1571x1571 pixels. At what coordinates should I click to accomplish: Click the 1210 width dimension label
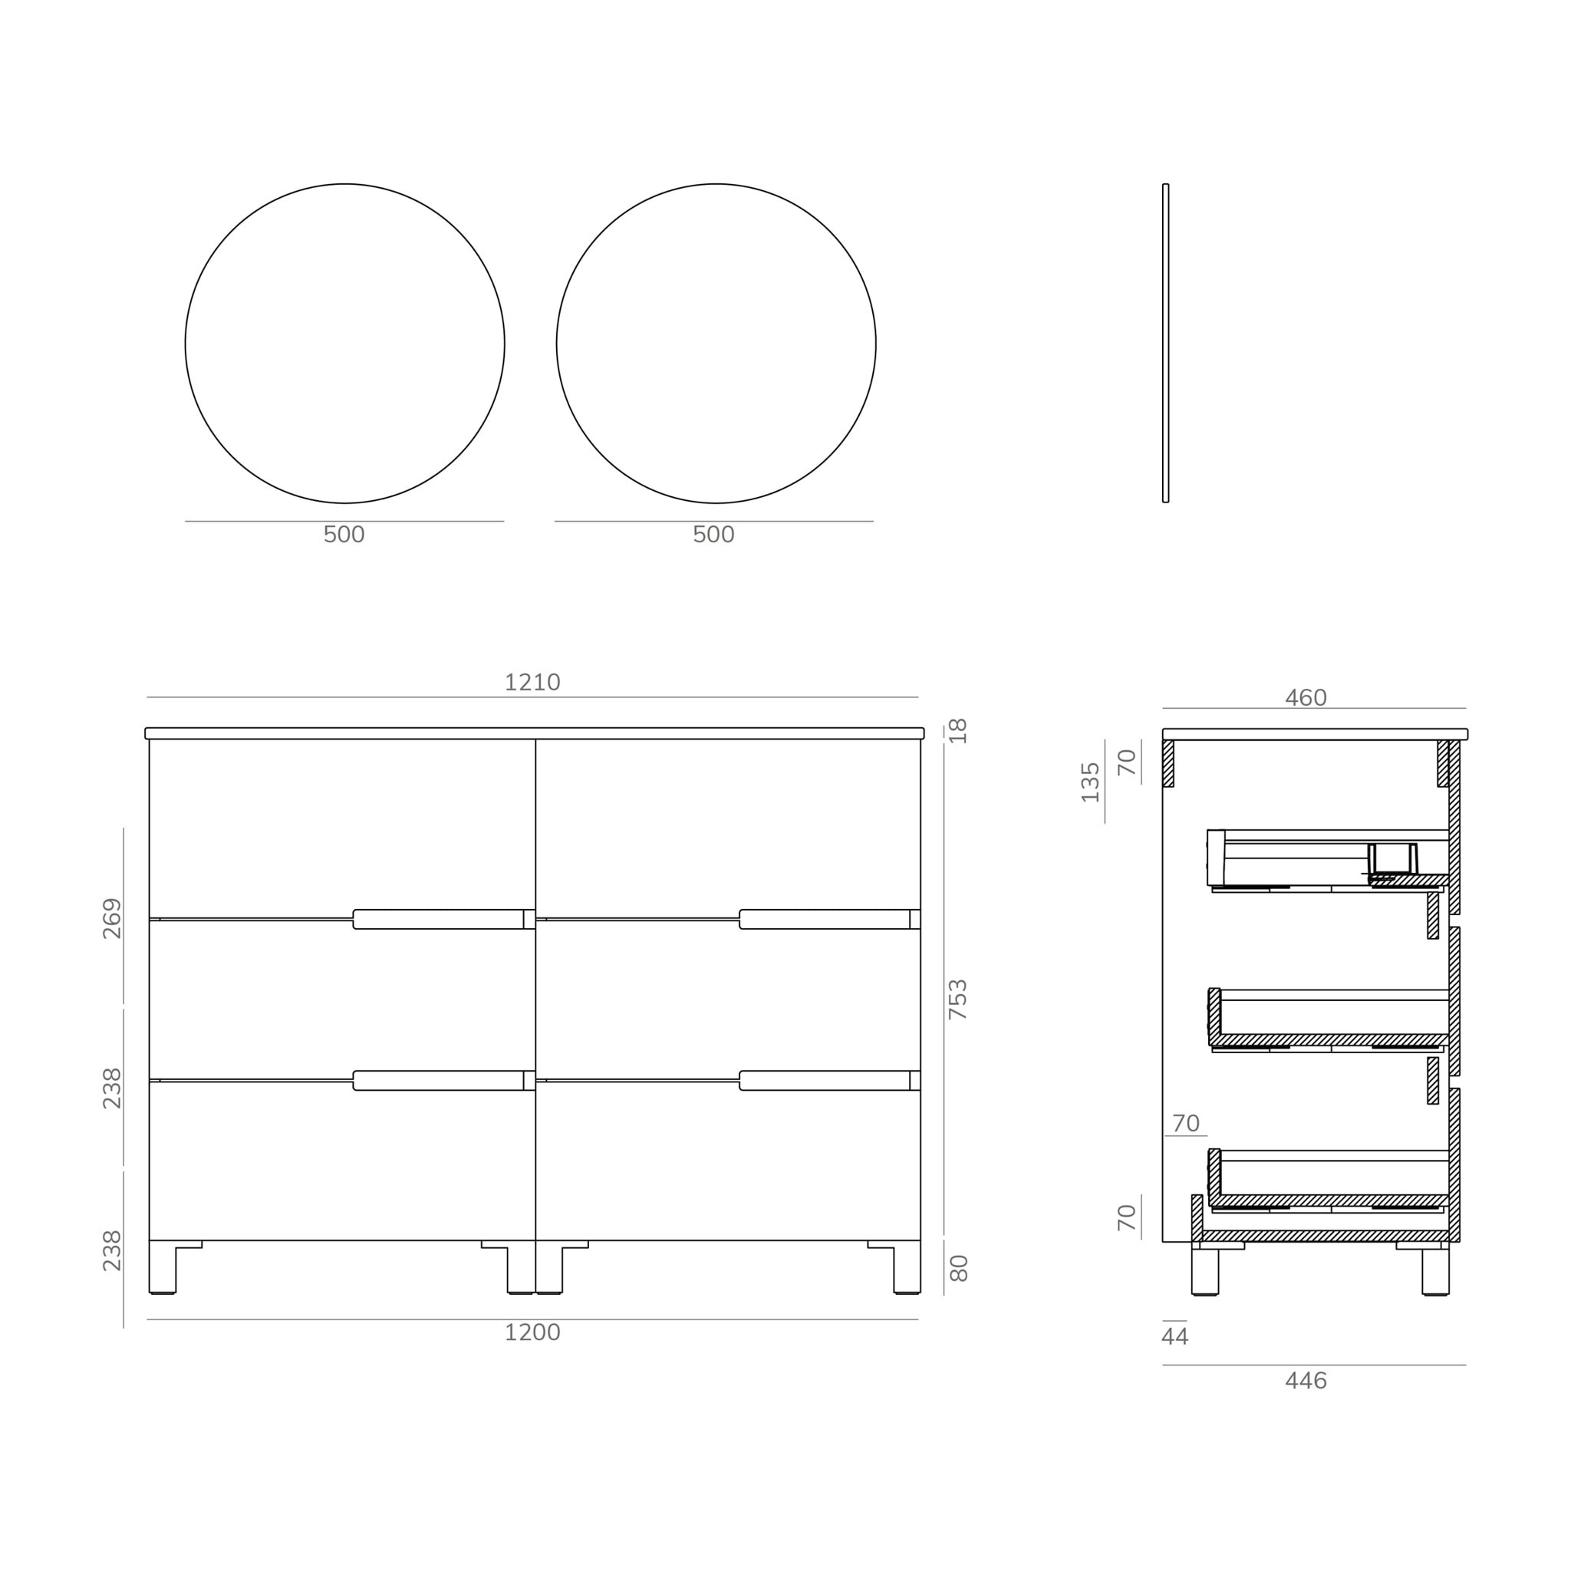coord(532,683)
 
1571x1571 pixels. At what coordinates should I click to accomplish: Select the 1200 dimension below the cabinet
coord(532,1332)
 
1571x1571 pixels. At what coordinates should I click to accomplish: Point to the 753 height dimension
coord(958,1000)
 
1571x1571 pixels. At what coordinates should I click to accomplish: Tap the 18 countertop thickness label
coord(958,730)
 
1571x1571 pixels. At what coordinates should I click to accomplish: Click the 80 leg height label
coord(958,1269)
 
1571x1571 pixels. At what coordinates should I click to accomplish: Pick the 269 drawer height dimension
coord(112,918)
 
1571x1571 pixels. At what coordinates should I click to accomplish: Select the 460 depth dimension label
coord(1305,698)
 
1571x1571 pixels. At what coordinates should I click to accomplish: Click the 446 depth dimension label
coord(1305,1382)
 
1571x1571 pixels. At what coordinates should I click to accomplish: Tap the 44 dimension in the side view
coord(1174,1337)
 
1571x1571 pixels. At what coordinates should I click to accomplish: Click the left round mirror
coord(344,343)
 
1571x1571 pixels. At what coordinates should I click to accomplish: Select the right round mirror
coord(716,343)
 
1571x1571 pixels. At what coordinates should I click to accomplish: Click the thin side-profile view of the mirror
coord(1165,343)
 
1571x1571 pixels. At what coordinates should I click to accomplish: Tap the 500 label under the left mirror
coord(344,535)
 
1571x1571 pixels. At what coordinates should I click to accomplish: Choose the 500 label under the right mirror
coord(713,535)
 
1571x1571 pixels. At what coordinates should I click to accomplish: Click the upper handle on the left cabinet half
coord(439,919)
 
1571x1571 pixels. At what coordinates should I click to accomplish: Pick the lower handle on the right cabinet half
coord(825,1081)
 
